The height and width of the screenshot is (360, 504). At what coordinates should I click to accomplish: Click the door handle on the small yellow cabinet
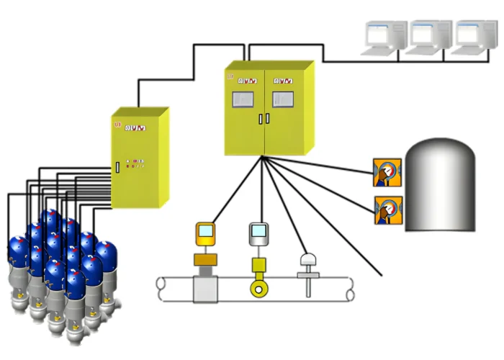click(117, 168)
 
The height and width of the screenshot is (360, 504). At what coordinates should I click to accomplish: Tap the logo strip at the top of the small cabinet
click(135, 128)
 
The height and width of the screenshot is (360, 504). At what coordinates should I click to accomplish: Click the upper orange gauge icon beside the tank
click(387, 173)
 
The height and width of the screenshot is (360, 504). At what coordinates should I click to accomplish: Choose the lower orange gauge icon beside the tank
click(387, 210)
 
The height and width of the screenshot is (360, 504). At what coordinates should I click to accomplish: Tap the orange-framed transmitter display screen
click(206, 233)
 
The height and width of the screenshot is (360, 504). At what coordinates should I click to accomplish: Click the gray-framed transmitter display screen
click(258, 233)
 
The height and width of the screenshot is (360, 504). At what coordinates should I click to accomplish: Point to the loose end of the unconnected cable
click(379, 275)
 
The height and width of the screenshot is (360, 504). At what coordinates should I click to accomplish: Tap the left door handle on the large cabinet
click(261, 119)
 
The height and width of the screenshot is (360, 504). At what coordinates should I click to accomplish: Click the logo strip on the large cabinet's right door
click(284, 80)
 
